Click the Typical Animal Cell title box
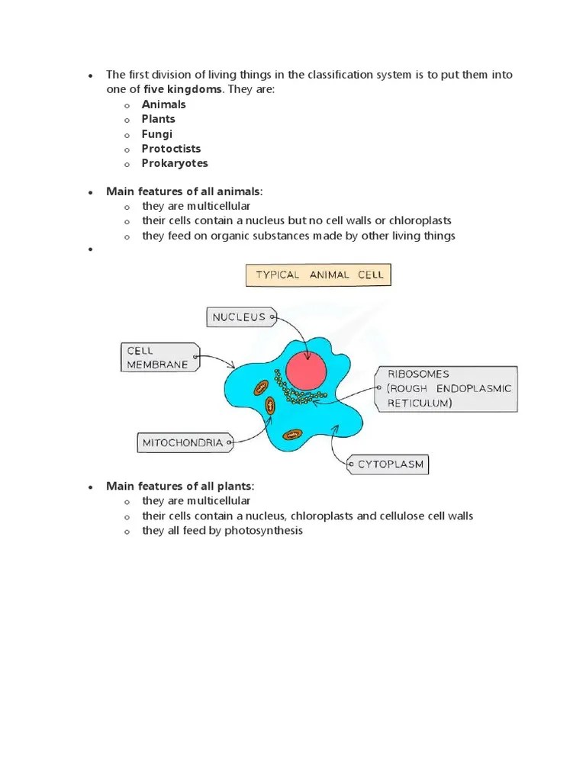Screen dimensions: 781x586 (x=318, y=275)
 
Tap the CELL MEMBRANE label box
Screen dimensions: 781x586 (x=159, y=357)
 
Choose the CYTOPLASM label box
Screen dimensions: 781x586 (x=387, y=464)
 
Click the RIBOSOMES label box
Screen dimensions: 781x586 (x=446, y=389)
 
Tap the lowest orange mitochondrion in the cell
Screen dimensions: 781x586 (x=291, y=434)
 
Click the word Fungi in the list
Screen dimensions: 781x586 (x=156, y=134)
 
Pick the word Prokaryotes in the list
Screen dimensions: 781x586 (x=174, y=163)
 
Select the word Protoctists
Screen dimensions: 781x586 (x=171, y=149)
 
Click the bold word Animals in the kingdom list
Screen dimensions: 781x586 (x=163, y=104)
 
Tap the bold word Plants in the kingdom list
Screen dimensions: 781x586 (x=158, y=119)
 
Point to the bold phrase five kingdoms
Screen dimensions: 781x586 (x=182, y=89)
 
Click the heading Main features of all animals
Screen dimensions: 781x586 (x=183, y=191)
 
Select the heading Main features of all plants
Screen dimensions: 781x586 (x=179, y=487)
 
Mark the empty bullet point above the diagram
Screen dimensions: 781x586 (x=90, y=250)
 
